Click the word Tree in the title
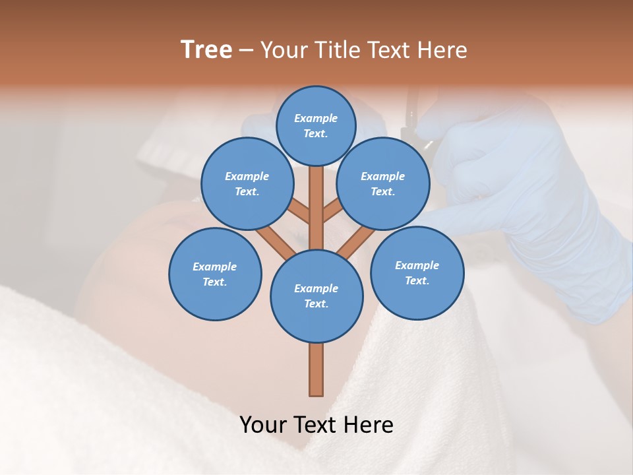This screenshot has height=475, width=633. coord(206,49)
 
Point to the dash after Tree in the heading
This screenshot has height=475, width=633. coord(246,51)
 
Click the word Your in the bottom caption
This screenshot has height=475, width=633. coord(264,424)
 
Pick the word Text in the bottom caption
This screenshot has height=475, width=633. coord(317,424)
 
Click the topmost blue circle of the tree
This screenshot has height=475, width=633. coord(316,125)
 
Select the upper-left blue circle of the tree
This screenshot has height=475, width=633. coord(247,183)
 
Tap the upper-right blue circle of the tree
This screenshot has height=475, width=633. coord(383,183)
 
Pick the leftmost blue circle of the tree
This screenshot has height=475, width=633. coord(215,274)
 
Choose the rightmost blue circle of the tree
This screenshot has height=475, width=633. coord(417,272)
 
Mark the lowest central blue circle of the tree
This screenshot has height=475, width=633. coord(316,296)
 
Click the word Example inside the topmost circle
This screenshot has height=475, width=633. coord(316,118)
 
